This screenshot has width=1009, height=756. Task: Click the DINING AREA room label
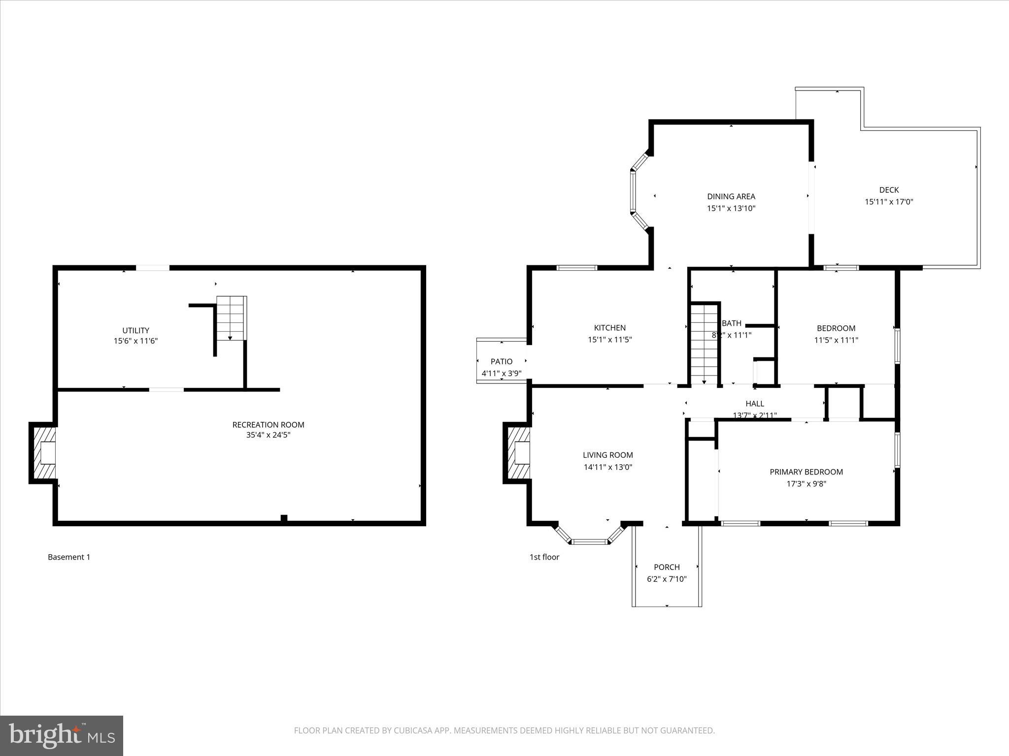click(731, 196)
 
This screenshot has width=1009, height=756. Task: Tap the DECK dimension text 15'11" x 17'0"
click(889, 202)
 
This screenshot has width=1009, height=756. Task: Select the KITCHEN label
click(609, 328)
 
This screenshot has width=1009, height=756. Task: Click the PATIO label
click(501, 362)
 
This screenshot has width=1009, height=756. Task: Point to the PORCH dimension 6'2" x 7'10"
click(666, 579)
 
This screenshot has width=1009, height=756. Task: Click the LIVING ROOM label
click(607, 455)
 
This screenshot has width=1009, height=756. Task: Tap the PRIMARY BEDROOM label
click(806, 472)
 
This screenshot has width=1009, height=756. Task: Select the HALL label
click(754, 404)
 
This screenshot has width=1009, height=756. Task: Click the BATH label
click(732, 323)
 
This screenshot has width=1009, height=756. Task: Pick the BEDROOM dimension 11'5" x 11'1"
click(836, 340)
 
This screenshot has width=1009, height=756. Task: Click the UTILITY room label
click(135, 331)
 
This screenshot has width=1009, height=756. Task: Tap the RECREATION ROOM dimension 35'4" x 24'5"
click(268, 435)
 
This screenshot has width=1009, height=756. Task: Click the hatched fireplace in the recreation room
click(43, 453)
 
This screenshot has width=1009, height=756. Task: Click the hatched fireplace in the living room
click(517, 453)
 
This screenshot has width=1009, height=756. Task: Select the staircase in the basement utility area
click(231, 318)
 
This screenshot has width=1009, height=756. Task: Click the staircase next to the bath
click(704, 345)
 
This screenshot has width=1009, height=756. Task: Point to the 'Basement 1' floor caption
click(69, 557)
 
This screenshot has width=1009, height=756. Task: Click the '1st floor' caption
click(544, 557)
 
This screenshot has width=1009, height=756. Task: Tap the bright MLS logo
click(62, 735)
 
